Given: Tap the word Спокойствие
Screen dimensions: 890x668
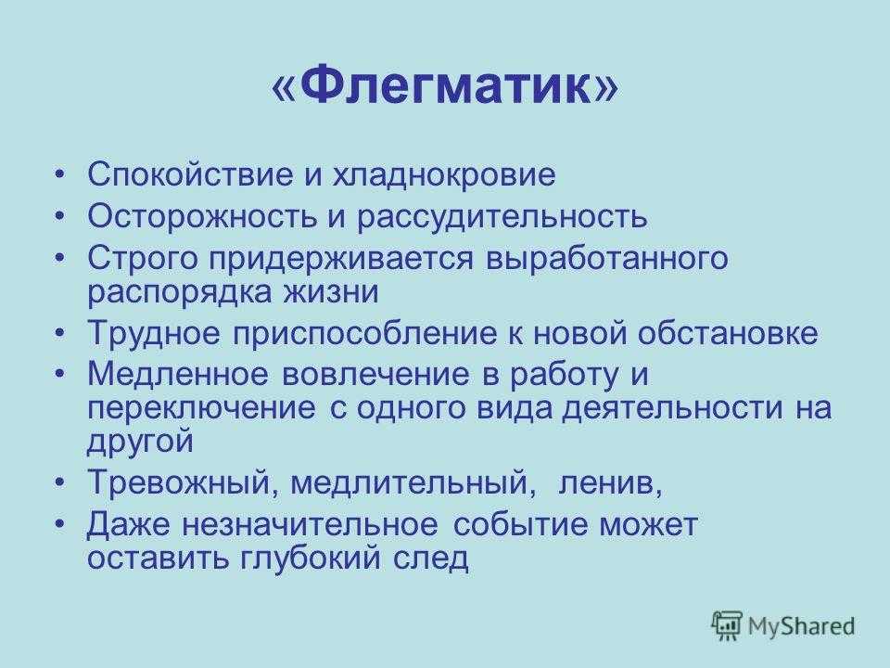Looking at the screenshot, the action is [191, 175].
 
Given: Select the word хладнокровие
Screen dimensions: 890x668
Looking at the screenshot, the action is [443, 176].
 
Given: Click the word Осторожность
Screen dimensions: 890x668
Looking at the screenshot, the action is [201, 217].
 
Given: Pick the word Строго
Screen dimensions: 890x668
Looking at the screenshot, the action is [143, 260].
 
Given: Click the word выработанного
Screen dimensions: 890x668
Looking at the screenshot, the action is [606, 260].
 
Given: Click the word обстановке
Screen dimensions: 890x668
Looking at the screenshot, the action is [728, 333].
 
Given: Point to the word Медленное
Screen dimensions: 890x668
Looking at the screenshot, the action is [177, 374].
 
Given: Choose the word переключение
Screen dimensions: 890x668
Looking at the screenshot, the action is [201, 409].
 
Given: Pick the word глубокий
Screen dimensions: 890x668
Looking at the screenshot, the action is [310, 559].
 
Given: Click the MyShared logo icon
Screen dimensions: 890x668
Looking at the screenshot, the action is [727, 626].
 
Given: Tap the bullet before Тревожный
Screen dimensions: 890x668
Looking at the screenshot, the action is [61, 482].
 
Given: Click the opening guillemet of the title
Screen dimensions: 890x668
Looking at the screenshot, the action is [285, 89].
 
